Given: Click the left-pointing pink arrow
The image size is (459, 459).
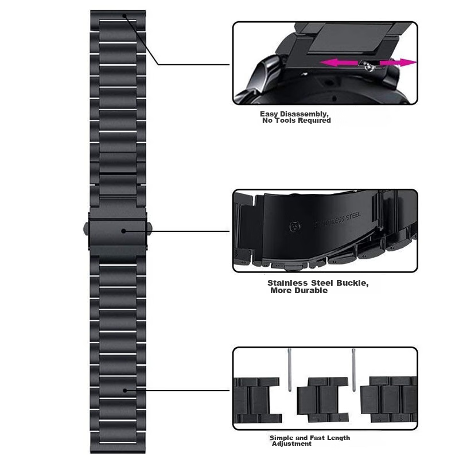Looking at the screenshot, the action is point(339,63).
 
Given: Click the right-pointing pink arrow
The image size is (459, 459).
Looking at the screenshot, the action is point(398,63).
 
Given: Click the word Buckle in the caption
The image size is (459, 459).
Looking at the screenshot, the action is point(352,283).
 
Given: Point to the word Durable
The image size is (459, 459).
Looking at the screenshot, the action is point(311,290).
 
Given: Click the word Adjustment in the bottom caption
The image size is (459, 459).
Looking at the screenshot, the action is point(291,444).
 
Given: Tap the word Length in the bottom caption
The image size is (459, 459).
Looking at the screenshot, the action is point(339,438).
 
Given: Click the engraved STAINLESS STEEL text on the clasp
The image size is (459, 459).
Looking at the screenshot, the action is point(337,220).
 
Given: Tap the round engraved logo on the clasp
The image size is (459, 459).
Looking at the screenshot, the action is point(295,227).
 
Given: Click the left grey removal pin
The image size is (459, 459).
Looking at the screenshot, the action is point(290,369).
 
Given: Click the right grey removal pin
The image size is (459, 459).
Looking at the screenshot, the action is point(353,369).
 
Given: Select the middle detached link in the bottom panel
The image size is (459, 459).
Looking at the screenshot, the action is point(322,399).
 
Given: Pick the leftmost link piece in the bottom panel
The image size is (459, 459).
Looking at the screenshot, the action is point(258,400).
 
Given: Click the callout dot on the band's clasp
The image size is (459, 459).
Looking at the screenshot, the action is point(123,231).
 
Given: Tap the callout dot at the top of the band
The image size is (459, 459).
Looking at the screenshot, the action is point(125,15).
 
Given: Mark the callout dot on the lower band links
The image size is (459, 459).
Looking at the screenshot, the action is point(125,391).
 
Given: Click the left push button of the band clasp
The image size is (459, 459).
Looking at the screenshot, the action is point(86,228).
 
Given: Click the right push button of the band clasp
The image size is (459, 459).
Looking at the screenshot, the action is point(149,228).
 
